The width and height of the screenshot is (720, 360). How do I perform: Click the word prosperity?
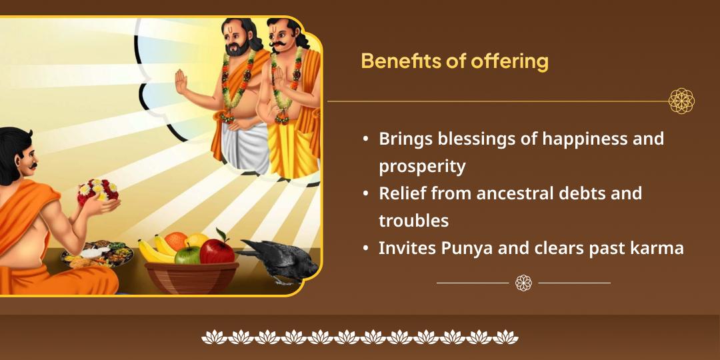422,166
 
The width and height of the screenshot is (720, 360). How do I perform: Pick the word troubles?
413,220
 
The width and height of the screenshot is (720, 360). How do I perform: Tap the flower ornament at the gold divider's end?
681,101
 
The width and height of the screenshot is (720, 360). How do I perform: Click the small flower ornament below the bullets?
523,283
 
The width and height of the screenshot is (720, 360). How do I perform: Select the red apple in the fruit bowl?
217,250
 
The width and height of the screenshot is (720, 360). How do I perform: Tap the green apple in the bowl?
188,254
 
